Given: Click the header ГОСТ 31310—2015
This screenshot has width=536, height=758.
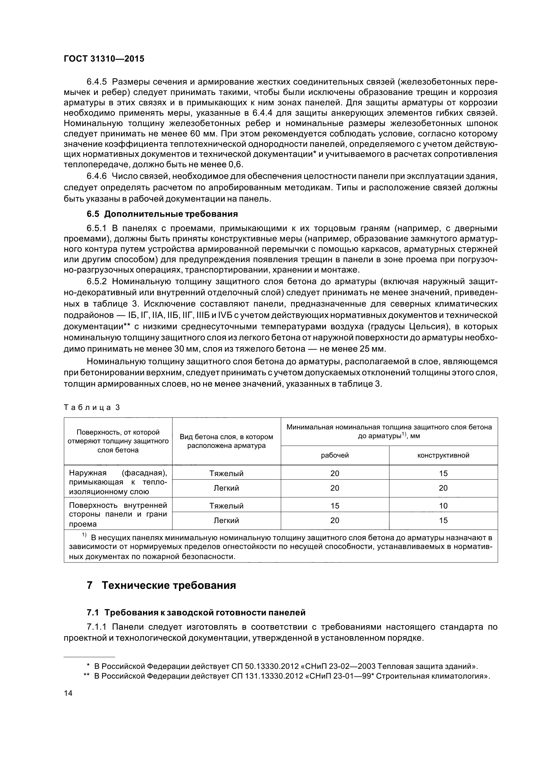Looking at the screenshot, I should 104,59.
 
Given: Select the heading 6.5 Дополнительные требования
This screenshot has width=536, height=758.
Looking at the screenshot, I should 162,214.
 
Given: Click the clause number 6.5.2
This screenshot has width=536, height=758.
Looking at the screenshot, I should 97,281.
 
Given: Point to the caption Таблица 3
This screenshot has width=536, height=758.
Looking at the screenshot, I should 91,407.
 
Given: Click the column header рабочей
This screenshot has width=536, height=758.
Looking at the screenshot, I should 335,455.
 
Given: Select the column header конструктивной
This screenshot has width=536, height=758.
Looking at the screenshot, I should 443,455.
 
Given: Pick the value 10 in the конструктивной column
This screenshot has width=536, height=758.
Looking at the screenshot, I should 443,506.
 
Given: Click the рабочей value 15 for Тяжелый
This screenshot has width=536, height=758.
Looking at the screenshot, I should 335,506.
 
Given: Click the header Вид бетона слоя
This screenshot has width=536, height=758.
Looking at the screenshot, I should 226,441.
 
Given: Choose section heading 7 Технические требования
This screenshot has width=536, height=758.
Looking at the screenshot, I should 161,585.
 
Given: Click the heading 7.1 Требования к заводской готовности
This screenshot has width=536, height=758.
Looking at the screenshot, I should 196,613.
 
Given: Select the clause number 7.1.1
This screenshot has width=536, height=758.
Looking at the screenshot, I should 97,627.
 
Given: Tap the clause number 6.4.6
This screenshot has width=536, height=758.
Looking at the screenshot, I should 97,177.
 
